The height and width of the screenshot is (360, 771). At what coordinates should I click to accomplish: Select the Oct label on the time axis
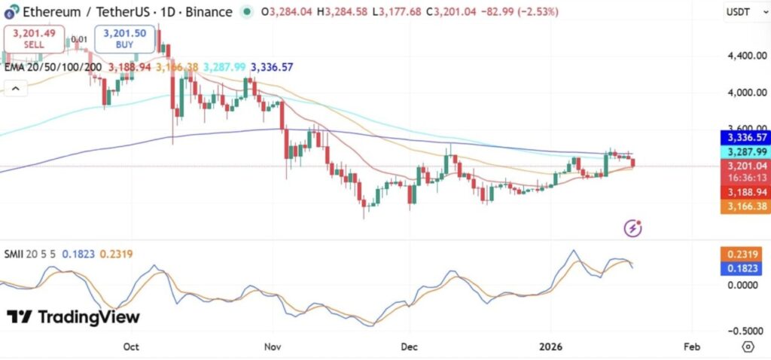click(132, 347)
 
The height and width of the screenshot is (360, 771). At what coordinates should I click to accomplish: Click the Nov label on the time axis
click(273, 347)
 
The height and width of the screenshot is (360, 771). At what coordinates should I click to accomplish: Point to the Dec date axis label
click(410, 347)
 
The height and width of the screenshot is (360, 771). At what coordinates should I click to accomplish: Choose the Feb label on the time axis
click(691, 347)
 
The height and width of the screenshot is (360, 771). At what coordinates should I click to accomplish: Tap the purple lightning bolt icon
click(634, 227)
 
